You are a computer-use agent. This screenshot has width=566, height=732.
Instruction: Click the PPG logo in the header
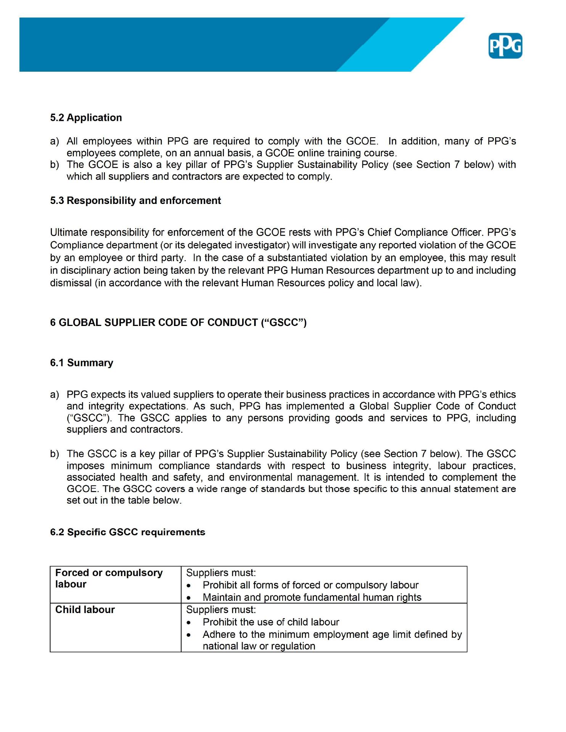505,46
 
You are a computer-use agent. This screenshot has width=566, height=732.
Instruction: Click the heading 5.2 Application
86,117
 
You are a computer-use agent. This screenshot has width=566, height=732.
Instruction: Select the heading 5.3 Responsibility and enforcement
135,201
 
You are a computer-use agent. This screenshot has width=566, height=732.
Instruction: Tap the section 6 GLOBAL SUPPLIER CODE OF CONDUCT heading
178,323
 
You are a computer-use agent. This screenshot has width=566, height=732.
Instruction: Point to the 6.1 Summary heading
82,363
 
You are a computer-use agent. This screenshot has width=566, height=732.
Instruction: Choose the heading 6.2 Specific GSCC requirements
127,532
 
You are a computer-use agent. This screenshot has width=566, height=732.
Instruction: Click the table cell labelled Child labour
85,610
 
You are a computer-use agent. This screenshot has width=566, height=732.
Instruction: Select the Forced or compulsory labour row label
109,578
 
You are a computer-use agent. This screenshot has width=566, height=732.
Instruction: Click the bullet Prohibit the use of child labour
271,622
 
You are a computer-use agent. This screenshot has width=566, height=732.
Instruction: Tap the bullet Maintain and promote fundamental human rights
312,597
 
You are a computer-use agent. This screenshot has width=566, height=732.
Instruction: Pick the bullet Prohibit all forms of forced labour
310,585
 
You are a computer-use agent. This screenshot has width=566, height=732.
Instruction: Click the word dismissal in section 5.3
71,283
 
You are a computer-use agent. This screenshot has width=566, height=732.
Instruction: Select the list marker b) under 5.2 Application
55,165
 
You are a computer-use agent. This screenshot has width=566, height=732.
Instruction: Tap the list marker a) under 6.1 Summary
55,394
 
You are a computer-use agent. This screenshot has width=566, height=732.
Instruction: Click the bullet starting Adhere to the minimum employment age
332,634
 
